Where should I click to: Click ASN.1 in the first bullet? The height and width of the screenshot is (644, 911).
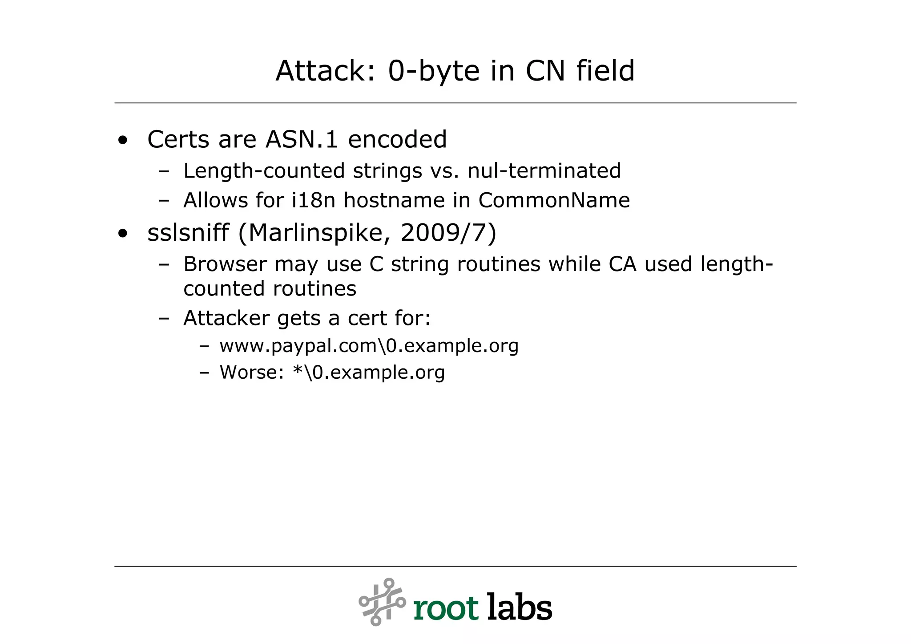[x=302, y=139]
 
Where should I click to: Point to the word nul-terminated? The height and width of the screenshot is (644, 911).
[x=544, y=171]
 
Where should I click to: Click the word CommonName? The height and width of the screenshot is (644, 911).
[x=554, y=200]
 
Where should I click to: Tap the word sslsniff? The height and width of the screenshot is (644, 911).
[x=188, y=233]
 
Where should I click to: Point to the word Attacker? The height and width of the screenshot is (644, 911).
[x=226, y=318]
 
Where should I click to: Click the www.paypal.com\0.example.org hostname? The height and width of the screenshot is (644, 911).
[x=369, y=346]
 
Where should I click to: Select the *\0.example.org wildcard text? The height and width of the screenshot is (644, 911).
[x=369, y=373]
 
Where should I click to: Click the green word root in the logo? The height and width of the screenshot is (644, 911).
[x=446, y=608]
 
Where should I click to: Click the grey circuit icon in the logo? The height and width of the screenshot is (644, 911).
[x=382, y=602]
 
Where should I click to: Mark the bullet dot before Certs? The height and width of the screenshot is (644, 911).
[x=123, y=141]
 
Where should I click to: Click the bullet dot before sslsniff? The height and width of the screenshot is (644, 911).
[x=123, y=234]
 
